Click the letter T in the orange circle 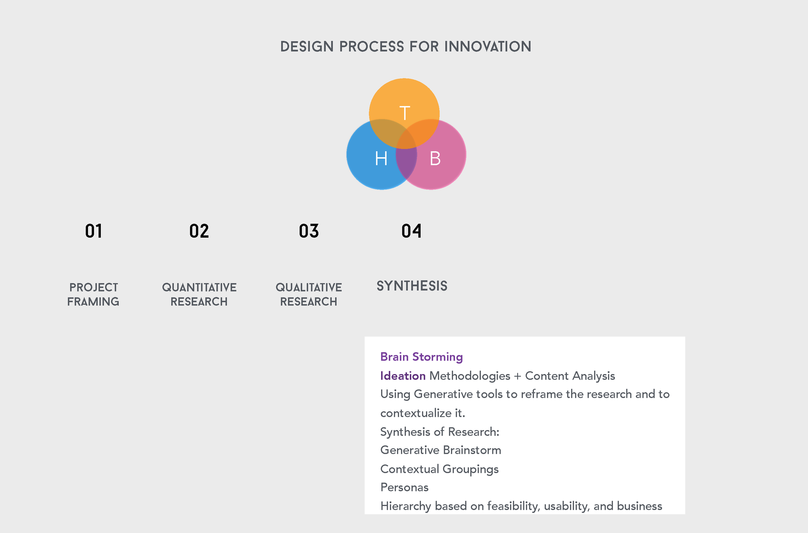click(x=405, y=113)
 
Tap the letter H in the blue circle click(x=381, y=158)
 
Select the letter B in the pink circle click(x=435, y=158)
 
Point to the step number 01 click(x=93, y=231)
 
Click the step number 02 click(x=199, y=231)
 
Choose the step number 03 click(x=309, y=231)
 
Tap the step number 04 click(x=411, y=231)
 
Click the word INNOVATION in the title click(x=488, y=47)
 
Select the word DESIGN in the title click(x=307, y=47)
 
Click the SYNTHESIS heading click(x=412, y=286)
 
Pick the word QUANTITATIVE click(x=199, y=287)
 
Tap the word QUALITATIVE click(x=309, y=287)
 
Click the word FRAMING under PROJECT click(x=93, y=301)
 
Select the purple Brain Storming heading click(x=421, y=357)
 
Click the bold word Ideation click(x=403, y=375)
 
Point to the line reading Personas click(x=404, y=487)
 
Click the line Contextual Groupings click(x=439, y=469)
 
